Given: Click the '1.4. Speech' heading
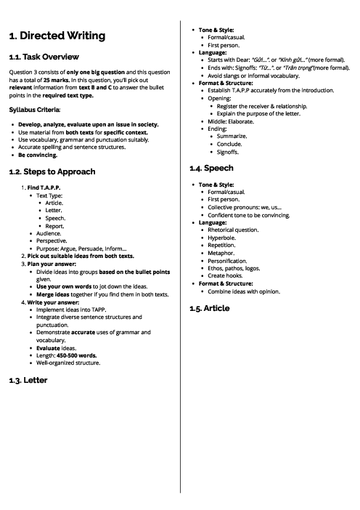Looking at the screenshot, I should point(208,168).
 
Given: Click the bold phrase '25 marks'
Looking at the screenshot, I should point(55,81).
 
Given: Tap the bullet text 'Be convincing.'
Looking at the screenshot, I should point(42,155).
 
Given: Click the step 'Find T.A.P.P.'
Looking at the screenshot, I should point(44,187).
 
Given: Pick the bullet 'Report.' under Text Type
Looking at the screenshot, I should point(55,225).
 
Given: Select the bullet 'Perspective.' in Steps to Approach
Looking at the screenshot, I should point(52,240).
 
